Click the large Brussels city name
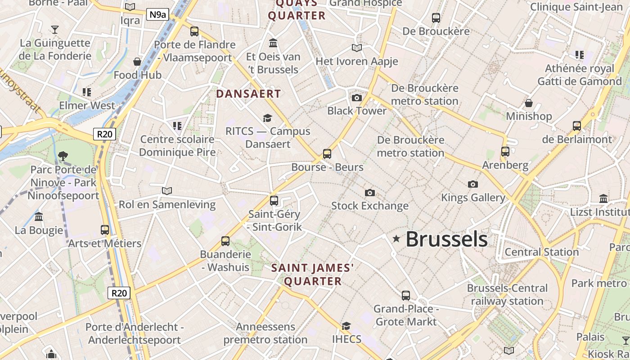pos(446,239)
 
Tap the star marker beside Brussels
pos(396,239)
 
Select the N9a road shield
pos(157,14)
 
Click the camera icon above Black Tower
pos(356,98)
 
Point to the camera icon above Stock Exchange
pos(369,193)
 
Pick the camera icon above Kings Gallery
pos(472,184)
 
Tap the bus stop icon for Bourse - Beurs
pos(327,154)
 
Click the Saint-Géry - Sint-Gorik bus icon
pos(274,201)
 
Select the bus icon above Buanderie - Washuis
pos(225,241)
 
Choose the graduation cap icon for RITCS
pos(268,118)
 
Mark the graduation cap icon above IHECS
pos(346,326)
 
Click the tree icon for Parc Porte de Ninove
pos(63,156)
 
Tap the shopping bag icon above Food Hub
pos(137,61)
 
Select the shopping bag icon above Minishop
pos(529,103)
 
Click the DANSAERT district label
pos(248,94)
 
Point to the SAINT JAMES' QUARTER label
pos(313,274)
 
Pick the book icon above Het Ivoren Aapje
pos(357,48)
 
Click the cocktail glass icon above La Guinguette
pos(55,30)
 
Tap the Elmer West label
pos(87,105)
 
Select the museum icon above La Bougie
pos(39,216)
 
